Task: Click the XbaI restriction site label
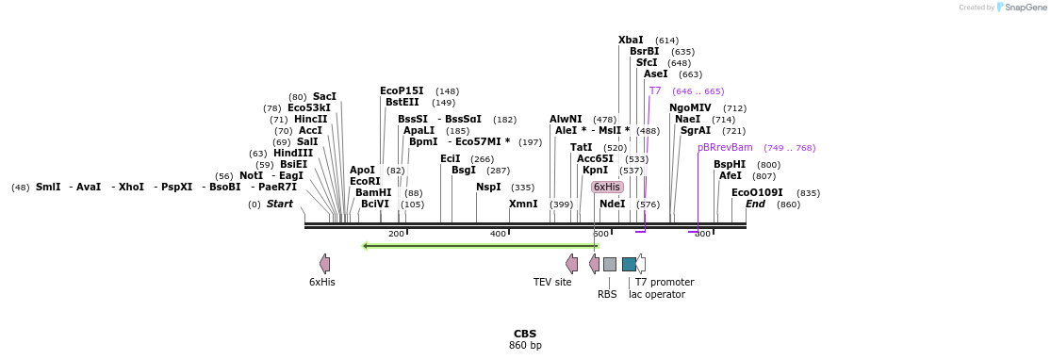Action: (631, 40)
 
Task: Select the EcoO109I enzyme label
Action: (757, 192)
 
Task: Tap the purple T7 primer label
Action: (655, 90)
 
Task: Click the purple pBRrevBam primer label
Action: (725, 147)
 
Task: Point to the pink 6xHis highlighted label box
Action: (607, 187)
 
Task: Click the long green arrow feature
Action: (480, 246)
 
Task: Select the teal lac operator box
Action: (629, 264)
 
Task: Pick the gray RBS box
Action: (610, 264)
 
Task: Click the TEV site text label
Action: (552, 282)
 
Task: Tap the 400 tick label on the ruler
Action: (498, 234)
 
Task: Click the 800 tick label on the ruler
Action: (702, 234)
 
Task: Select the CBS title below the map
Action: (525, 334)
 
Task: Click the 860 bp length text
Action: (525, 346)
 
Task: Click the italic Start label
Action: (280, 204)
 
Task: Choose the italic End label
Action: (755, 204)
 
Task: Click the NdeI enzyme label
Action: (612, 204)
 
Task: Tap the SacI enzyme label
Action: (324, 96)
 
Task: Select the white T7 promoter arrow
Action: (641, 264)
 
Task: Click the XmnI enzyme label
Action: (523, 204)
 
